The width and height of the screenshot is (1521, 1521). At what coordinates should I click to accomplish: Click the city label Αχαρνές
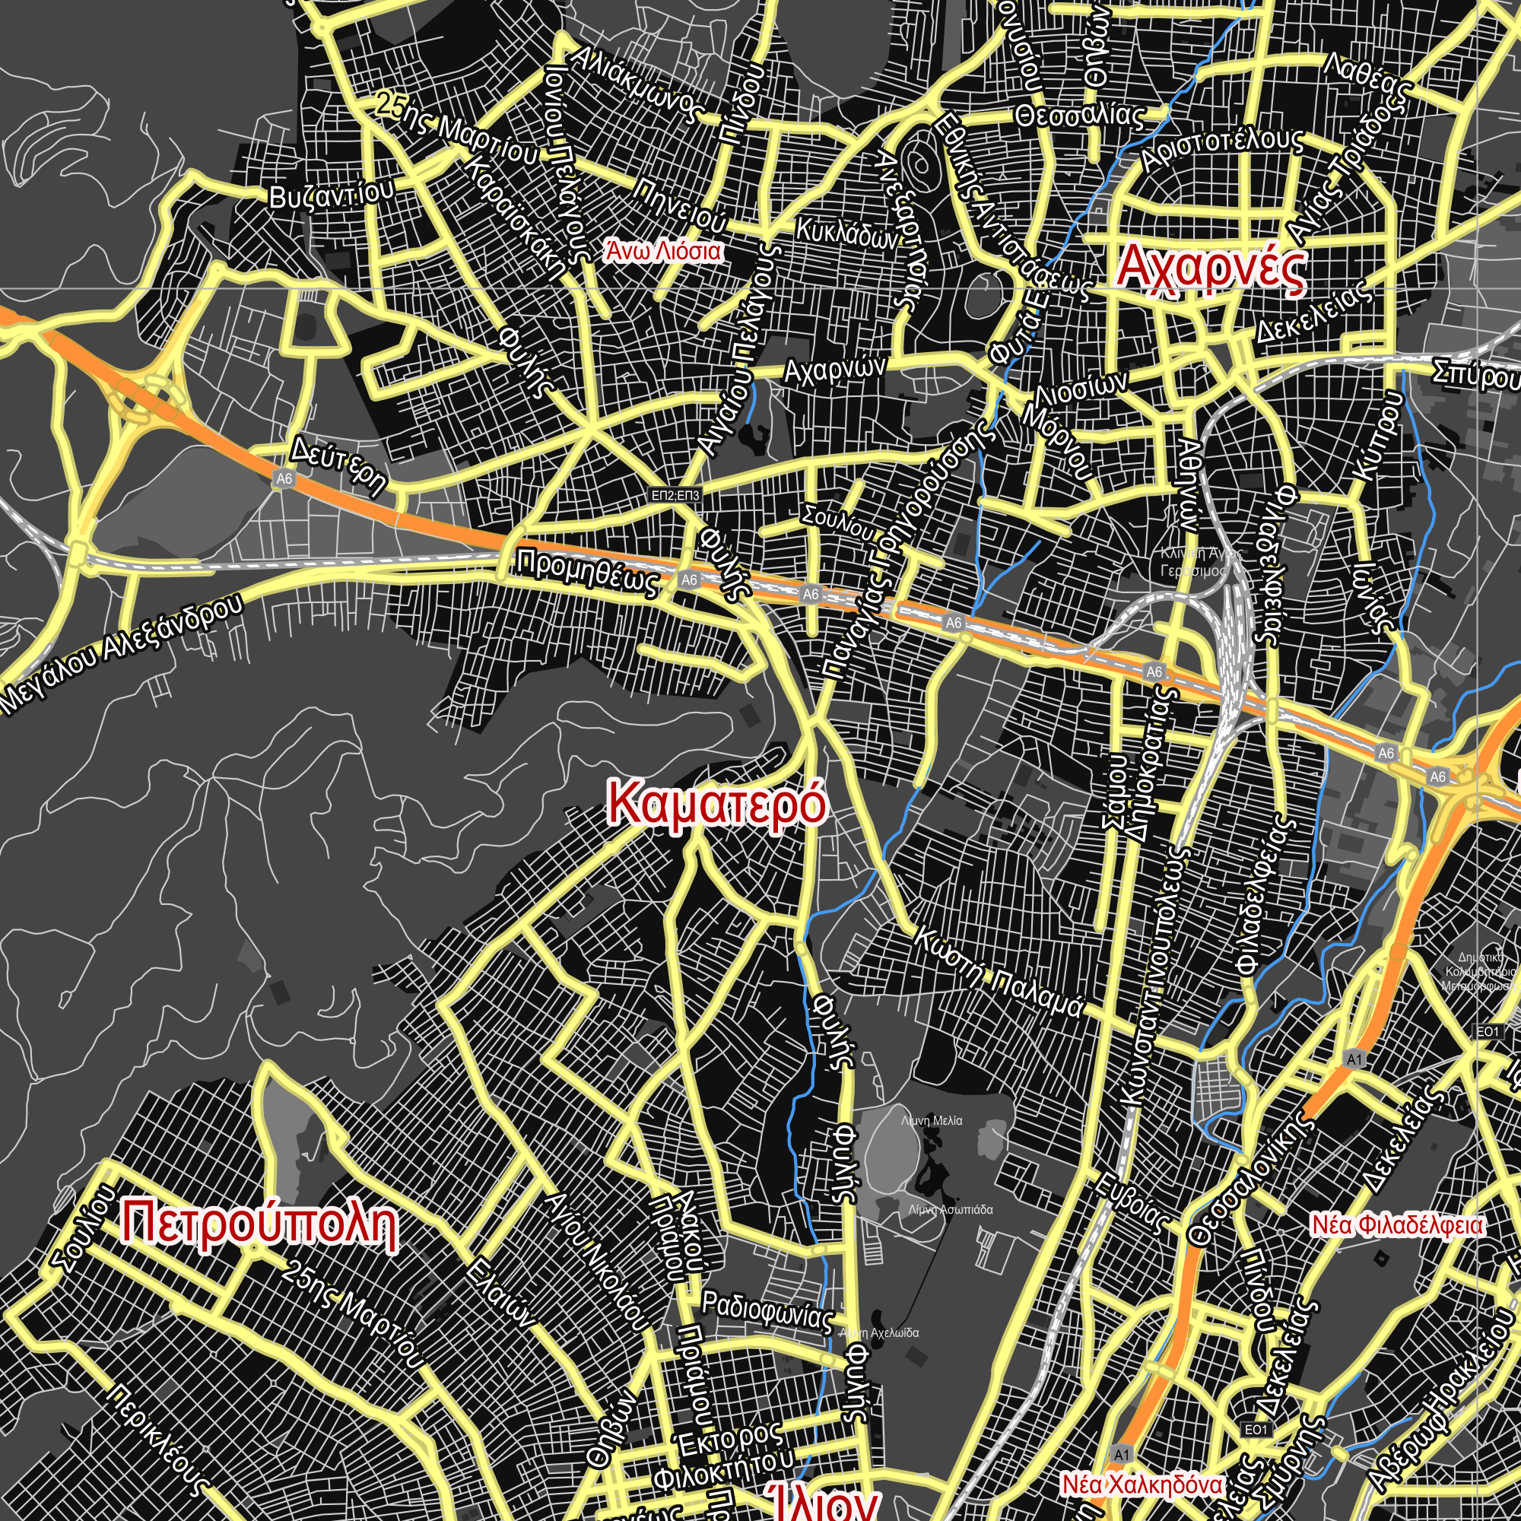[x=1211, y=268]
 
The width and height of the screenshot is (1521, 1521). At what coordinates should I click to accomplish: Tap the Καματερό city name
[x=717, y=804]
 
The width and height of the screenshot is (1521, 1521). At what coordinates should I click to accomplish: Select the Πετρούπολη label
[x=260, y=1225]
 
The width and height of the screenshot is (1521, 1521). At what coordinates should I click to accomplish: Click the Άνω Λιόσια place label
[x=663, y=251]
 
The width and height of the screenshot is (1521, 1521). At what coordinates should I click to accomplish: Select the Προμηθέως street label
[x=587, y=573]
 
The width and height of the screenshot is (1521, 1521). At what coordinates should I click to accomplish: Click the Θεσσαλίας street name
[x=1079, y=116]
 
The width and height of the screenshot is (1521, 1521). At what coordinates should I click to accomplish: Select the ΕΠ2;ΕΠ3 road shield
[x=675, y=495]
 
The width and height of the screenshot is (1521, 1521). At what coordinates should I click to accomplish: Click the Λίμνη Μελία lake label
[x=932, y=1120]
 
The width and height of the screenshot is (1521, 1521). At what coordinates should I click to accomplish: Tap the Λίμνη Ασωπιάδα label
[x=950, y=1209]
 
